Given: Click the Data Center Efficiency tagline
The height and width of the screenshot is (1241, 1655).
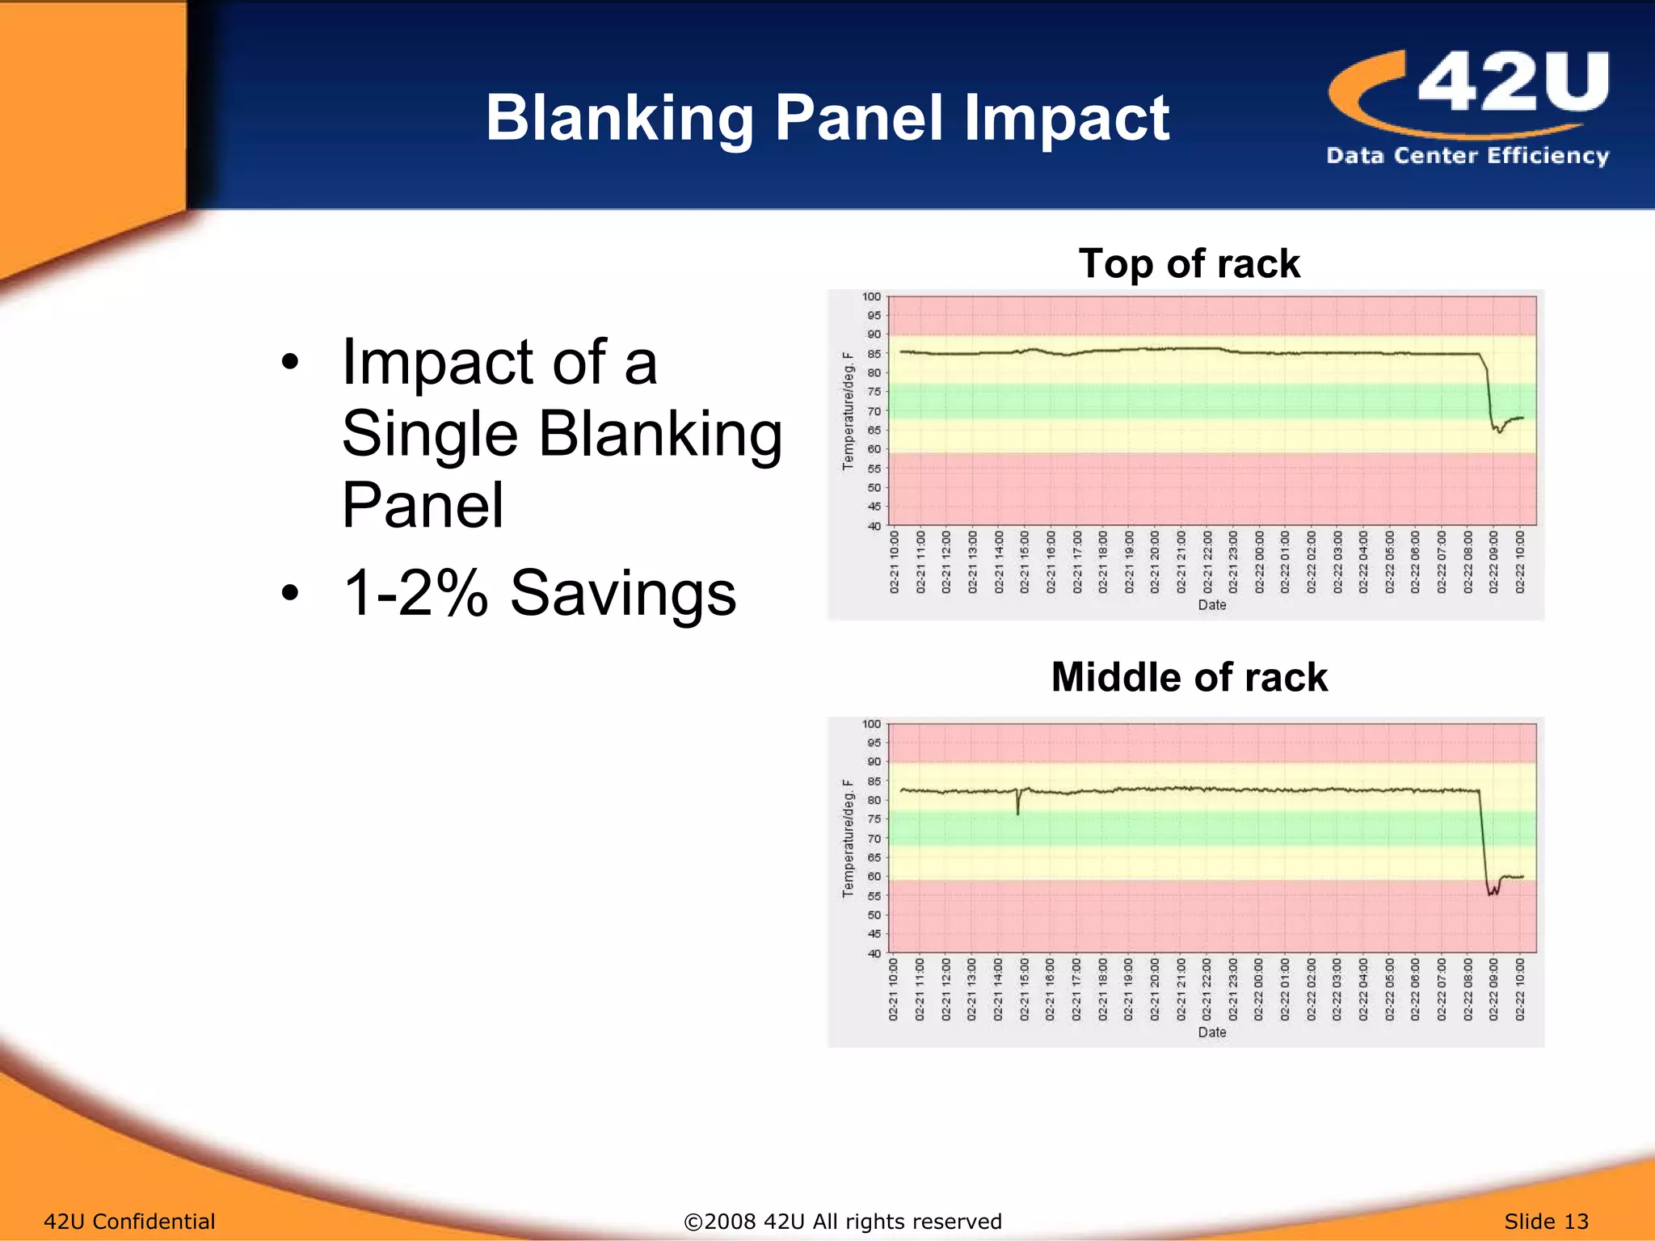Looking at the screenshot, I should tap(1467, 155).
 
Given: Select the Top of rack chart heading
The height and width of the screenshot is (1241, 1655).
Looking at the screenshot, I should tap(1189, 264).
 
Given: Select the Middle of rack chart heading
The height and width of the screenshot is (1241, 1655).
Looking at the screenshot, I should tap(1189, 677).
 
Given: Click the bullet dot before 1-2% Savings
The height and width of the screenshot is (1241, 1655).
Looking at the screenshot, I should tap(290, 594).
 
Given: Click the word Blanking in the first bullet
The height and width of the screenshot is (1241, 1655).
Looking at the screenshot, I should tap(659, 434).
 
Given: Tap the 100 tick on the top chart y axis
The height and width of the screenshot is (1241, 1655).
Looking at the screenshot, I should tap(871, 297).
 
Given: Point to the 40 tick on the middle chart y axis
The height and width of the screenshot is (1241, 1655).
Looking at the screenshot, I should tap(874, 953).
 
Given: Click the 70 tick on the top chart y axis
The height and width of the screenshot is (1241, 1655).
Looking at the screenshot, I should tap(874, 411).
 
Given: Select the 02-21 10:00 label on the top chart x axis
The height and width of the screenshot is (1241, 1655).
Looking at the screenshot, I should tap(894, 562).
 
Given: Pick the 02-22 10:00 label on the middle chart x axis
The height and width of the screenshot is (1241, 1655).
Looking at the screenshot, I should tap(1519, 990).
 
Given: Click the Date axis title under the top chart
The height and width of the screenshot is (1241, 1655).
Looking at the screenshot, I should tap(1211, 605).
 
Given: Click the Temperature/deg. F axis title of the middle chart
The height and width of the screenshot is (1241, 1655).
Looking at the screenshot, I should tap(848, 838).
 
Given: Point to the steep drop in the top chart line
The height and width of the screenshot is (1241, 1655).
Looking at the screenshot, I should tap(1489, 396).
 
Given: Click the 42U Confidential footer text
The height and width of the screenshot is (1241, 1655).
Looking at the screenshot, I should tap(129, 1222).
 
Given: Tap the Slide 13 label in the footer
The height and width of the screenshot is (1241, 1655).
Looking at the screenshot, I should tap(1546, 1222).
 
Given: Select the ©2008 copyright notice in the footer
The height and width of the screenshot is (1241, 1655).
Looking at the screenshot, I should tap(842, 1222).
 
